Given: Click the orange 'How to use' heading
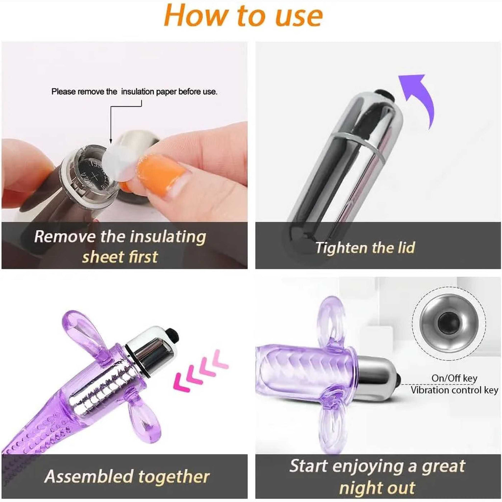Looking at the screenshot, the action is point(243,16).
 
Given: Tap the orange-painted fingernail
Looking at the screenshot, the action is point(162,170).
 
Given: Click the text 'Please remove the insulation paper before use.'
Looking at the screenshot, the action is point(134,92).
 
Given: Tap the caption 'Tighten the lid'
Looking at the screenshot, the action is point(365,247).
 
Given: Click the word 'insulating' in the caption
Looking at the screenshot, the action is point(168,237).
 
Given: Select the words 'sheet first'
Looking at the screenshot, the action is point(120,257).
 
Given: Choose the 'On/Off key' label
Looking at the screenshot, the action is point(454,378).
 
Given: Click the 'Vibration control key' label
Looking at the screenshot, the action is point(454,390).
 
